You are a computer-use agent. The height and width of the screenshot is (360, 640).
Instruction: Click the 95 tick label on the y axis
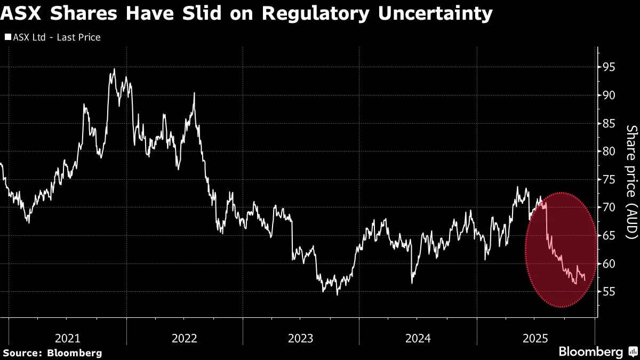[609, 67]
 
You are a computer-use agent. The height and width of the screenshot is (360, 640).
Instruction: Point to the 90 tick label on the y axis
[609, 95]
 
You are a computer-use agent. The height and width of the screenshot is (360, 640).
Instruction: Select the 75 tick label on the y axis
[609, 180]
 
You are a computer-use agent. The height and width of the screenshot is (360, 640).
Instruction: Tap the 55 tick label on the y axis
[609, 292]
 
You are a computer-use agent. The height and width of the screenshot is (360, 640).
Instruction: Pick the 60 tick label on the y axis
[609, 264]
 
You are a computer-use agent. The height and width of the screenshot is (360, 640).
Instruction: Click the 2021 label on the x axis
[68, 338]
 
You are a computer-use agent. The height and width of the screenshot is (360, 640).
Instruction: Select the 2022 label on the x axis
[185, 338]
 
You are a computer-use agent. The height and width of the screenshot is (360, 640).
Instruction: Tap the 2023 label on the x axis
[301, 338]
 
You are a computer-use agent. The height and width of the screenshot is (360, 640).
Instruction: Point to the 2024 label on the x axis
[418, 338]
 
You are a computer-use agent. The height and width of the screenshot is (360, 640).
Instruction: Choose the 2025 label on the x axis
[535, 338]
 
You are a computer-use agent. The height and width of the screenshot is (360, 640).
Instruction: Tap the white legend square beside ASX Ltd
[7, 37]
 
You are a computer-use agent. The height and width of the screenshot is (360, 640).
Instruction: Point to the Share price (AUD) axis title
[631, 189]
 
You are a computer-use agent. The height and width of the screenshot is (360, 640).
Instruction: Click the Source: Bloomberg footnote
[52, 353]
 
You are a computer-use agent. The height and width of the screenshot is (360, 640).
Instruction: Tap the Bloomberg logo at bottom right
[597, 351]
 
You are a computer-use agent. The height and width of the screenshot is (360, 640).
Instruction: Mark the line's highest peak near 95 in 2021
[114, 69]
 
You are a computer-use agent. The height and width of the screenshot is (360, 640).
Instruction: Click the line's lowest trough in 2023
[337, 294]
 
